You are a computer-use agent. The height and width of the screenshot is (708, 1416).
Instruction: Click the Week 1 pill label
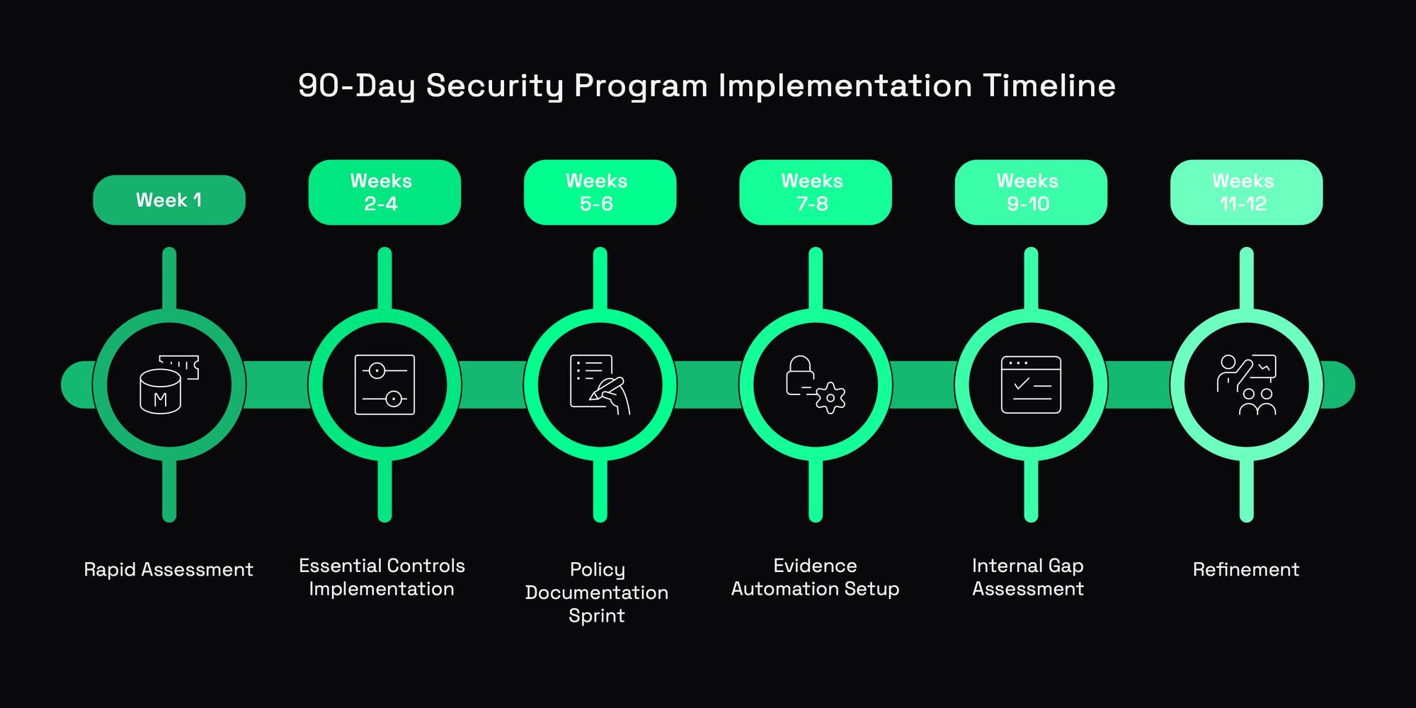click(169, 200)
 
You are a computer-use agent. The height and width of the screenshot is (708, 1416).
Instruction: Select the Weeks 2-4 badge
click(384, 193)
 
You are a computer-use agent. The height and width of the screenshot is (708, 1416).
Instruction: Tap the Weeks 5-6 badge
click(600, 193)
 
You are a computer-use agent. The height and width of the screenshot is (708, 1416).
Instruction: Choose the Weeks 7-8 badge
click(815, 193)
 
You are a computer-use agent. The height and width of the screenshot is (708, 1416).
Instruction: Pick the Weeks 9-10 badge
click(1031, 193)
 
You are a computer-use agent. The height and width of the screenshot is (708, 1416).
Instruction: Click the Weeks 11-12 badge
click(1246, 193)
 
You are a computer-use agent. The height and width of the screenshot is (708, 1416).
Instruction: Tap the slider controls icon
click(384, 385)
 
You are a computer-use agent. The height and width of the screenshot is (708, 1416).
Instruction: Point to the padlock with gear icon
click(815, 385)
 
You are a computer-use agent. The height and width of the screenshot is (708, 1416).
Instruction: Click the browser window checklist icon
click(1031, 385)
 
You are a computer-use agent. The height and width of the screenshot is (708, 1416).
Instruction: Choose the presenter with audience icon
click(1246, 385)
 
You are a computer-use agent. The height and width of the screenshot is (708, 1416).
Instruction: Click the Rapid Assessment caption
click(169, 570)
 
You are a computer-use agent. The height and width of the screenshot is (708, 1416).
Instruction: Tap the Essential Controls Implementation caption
click(382, 577)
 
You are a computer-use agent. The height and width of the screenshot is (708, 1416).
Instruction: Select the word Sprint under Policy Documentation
click(597, 616)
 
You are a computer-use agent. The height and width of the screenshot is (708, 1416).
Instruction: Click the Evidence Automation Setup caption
click(815, 577)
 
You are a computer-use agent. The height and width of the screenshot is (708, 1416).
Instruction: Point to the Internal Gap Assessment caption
click(1028, 577)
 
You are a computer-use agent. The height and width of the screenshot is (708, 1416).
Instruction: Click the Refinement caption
click(1246, 570)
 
